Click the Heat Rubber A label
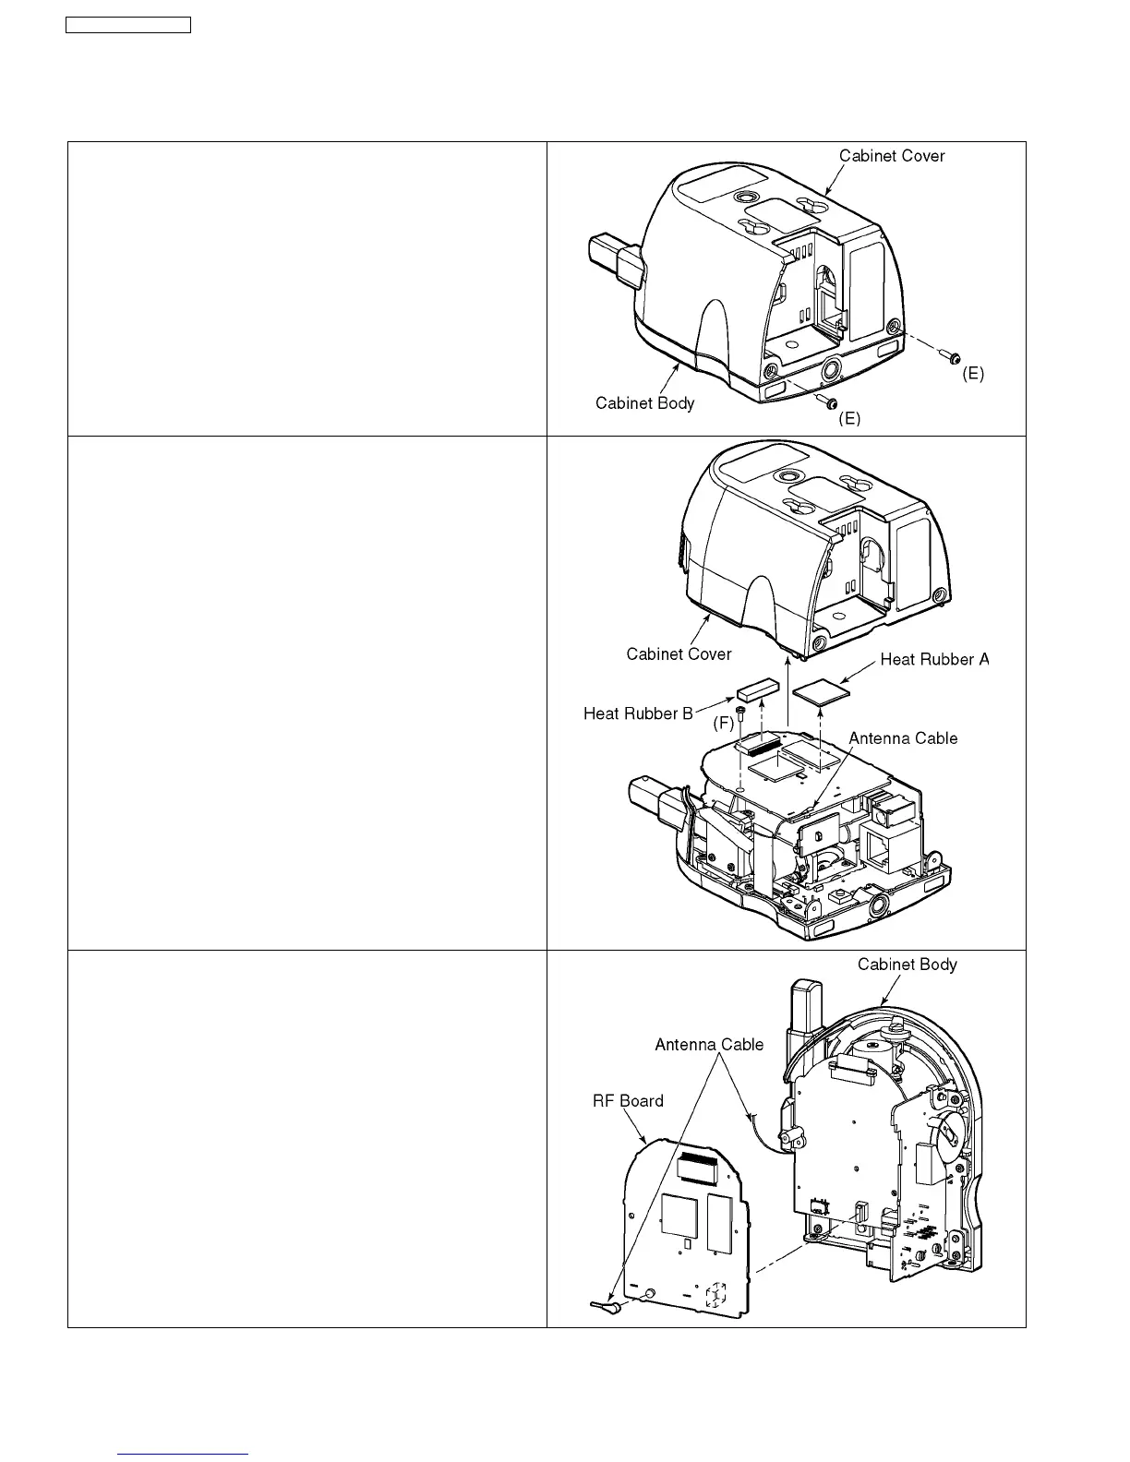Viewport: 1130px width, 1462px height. click(x=934, y=659)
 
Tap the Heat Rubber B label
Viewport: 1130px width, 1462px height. click(x=638, y=713)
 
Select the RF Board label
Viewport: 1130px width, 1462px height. click(x=628, y=1100)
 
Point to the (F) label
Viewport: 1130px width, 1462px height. click(x=723, y=725)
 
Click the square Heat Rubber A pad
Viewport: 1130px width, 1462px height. click(x=821, y=690)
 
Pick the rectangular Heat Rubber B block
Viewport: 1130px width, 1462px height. click(x=758, y=689)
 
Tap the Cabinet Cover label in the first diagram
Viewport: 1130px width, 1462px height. click(x=892, y=156)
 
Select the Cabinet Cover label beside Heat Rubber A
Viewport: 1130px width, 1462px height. click(x=679, y=653)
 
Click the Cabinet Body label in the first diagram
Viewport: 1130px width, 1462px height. click(x=644, y=402)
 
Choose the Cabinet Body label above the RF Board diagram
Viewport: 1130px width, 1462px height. click(x=907, y=965)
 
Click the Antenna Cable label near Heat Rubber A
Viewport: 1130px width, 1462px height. click(x=903, y=738)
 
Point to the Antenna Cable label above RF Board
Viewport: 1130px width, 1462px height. click(x=709, y=1045)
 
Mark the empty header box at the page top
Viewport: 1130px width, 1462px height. click(x=128, y=25)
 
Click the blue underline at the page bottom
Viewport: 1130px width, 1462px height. click(x=184, y=1454)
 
